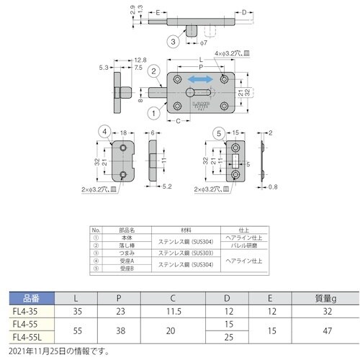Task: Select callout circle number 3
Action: click(173, 41)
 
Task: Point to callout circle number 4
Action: click(104, 132)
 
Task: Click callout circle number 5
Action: click(218, 132)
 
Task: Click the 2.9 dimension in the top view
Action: click(132, 11)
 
